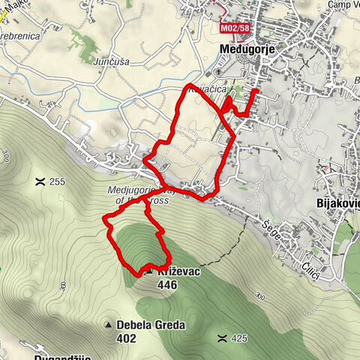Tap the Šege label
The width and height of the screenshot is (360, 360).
(271, 225)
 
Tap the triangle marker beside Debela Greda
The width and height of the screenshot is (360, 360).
(109, 325)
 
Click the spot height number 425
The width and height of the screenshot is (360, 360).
(238, 338)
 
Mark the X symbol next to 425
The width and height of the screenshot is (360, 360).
(221, 338)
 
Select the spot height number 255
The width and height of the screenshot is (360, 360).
(58, 181)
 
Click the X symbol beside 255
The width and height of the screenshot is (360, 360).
(39, 181)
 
